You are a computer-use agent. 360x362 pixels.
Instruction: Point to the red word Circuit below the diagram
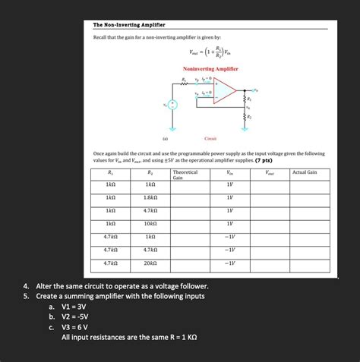coord(210,139)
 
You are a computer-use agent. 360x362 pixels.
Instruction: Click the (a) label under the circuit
coord(164,139)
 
